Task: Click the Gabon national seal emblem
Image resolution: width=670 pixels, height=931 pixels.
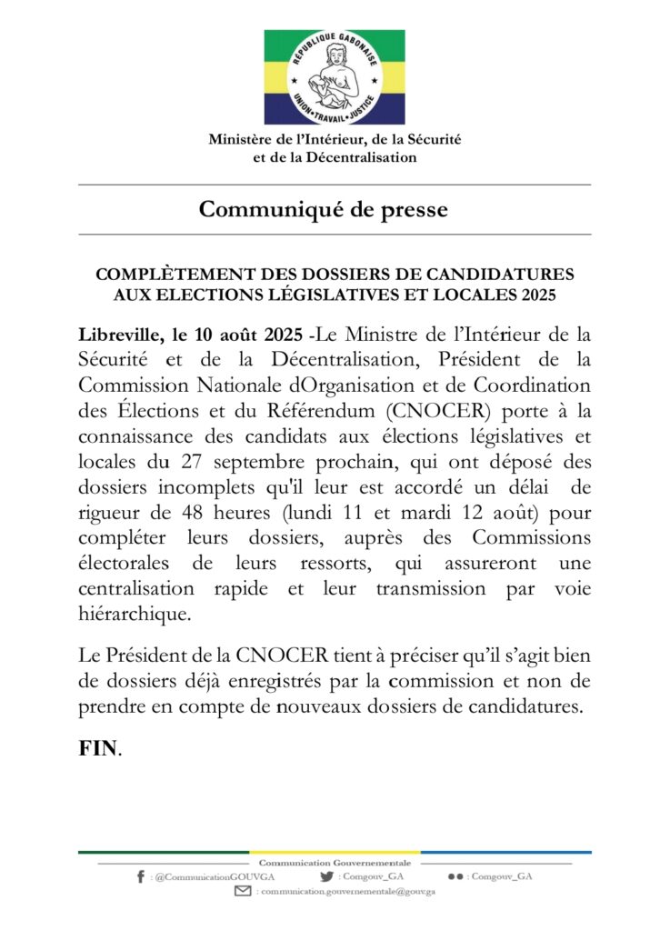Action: click(335, 76)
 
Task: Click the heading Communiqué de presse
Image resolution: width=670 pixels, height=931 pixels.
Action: click(324, 210)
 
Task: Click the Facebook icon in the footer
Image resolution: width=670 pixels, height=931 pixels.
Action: click(140, 876)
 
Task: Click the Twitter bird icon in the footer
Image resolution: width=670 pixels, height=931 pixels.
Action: click(327, 876)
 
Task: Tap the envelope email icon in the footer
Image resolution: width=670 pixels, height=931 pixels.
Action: click(243, 893)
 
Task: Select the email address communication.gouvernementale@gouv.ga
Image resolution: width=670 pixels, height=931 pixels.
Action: click(350, 893)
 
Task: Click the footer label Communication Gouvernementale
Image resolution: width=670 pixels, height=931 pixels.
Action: click(335, 862)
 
